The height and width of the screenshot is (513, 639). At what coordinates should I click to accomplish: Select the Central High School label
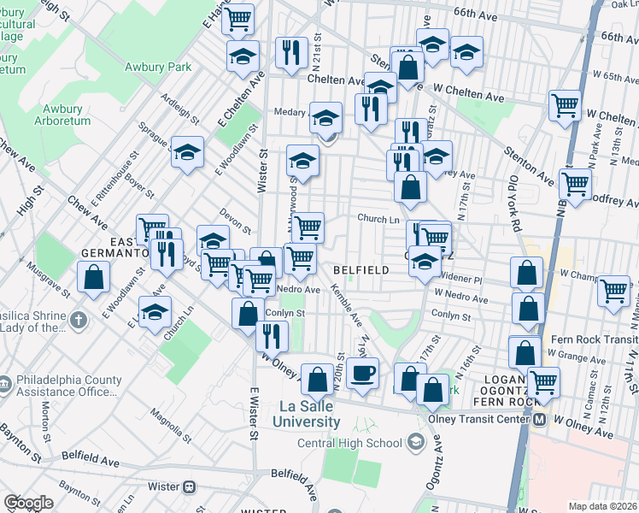point(349,443)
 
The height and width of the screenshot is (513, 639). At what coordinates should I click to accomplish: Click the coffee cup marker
point(363,374)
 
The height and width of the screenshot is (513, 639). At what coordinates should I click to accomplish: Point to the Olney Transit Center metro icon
point(540,420)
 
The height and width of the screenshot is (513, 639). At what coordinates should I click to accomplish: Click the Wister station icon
point(190,486)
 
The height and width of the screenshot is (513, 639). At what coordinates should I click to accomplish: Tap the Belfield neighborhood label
point(361,269)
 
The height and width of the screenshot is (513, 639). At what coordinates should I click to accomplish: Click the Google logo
point(28,503)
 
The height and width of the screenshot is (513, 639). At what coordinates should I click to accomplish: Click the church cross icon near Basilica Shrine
point(79,321)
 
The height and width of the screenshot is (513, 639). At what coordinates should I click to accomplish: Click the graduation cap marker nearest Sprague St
point(187,152)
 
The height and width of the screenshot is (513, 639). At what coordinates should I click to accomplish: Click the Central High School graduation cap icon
point(416,442)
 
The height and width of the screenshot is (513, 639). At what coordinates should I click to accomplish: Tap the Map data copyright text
point(602,505)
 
